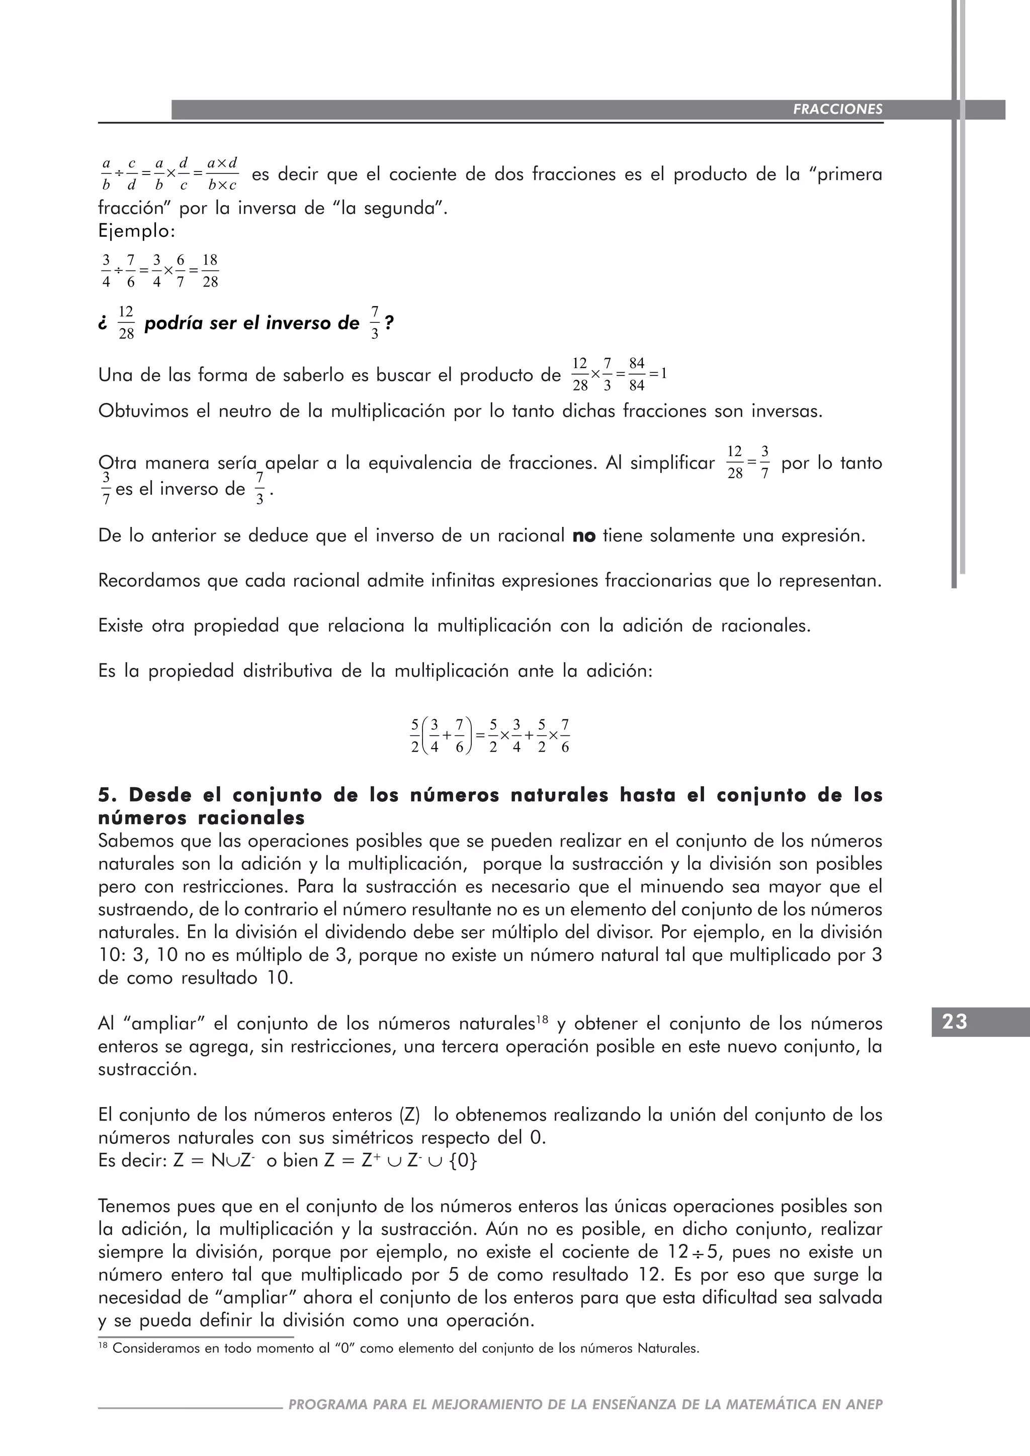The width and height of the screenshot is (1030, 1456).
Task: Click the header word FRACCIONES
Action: (837, 109)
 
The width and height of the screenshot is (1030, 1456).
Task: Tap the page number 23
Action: (955, 1022)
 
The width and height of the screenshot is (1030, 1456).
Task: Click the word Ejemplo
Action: (136, 231)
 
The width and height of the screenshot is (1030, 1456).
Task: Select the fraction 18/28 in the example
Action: (210, 271)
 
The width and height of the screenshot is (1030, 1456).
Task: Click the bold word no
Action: (583, 536)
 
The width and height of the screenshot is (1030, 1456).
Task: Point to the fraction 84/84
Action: (637, 374)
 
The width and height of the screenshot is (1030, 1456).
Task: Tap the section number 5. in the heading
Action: (108, 795)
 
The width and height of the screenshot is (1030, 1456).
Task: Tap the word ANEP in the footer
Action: (864, 1405)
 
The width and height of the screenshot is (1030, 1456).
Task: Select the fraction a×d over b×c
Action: (222, 174)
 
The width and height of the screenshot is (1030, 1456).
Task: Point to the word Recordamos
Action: (148, 581)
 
